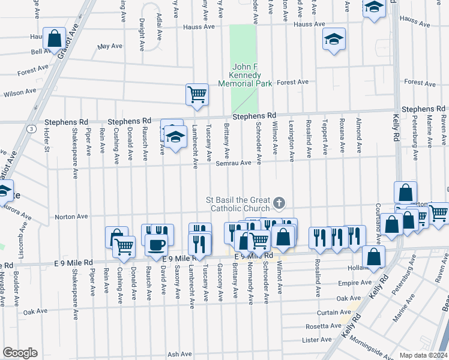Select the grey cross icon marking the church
point(279,204)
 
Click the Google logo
point(20,353)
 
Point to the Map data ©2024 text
point(423,355)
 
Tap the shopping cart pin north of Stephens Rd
point(197,95)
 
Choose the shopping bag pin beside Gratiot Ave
point(55,39)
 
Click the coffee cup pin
point(156,245)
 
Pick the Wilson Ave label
point(19,93)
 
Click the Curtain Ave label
point(330,313)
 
